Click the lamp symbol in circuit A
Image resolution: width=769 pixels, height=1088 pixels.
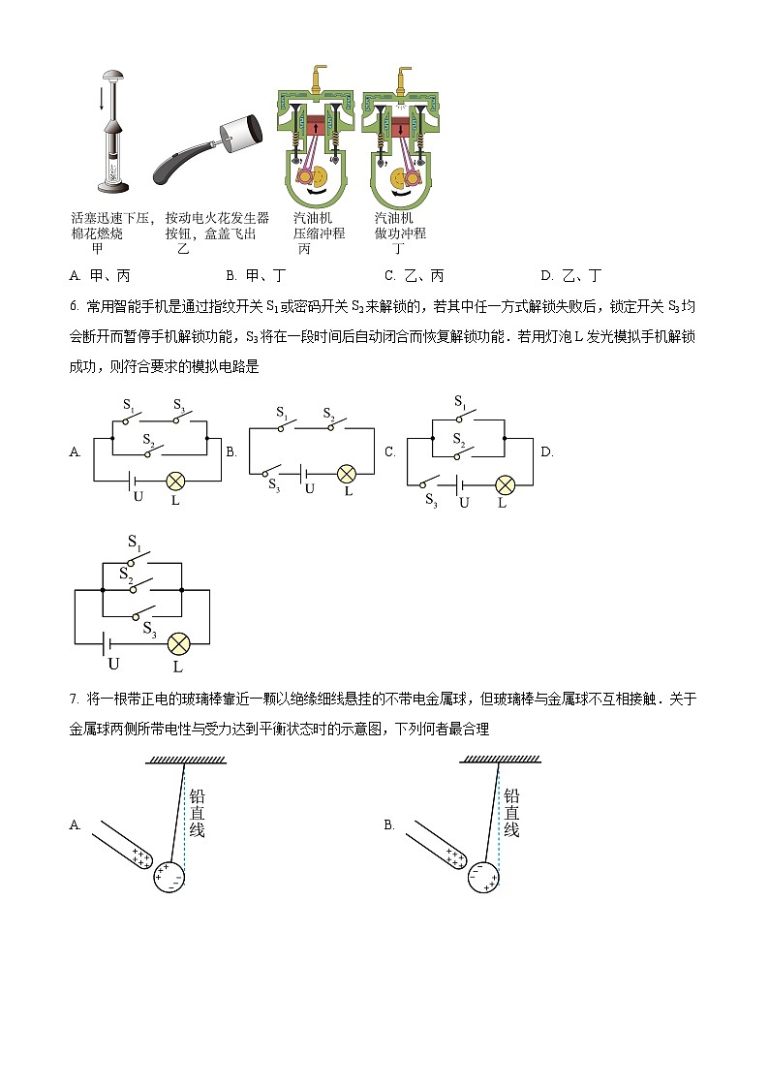(175, 480)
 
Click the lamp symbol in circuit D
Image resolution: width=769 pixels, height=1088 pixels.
(177, 643)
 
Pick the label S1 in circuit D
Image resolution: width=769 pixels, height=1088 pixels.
(135, 544)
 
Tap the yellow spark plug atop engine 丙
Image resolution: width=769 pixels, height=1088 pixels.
(314, 77)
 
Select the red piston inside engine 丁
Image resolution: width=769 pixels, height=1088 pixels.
(399, 126)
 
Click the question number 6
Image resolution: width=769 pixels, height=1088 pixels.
(75, 307)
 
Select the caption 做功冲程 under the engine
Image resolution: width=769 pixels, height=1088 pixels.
(399, 233)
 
